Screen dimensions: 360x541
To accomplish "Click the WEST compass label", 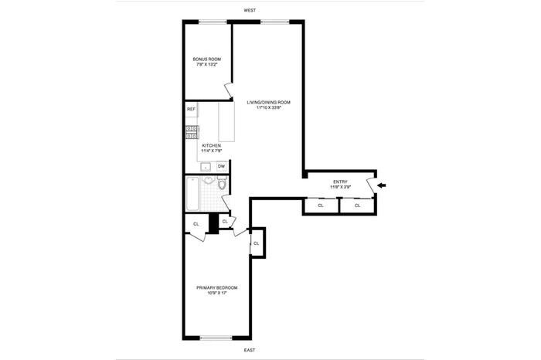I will point(249,10).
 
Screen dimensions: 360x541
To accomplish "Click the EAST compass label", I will point(249,351).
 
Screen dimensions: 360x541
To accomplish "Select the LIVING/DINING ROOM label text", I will point(267,102).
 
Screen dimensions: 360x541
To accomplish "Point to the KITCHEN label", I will point(211,145).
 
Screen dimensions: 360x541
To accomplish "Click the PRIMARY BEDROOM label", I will point(216,287).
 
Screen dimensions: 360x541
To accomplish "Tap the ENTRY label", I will point(340,182).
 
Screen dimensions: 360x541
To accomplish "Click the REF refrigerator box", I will point(191,110).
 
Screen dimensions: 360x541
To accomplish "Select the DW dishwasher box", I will point(221,166).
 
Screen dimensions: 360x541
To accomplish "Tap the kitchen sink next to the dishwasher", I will point(206,166).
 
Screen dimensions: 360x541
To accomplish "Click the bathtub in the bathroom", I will point(192,193).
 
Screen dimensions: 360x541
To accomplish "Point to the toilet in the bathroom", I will point(221,184).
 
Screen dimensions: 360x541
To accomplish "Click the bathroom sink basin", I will point(208,182).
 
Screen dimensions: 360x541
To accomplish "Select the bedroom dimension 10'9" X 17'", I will point(216,293).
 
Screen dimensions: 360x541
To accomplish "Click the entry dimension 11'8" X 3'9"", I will point(340,187).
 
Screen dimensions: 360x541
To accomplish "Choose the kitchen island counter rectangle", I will point(226,121).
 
